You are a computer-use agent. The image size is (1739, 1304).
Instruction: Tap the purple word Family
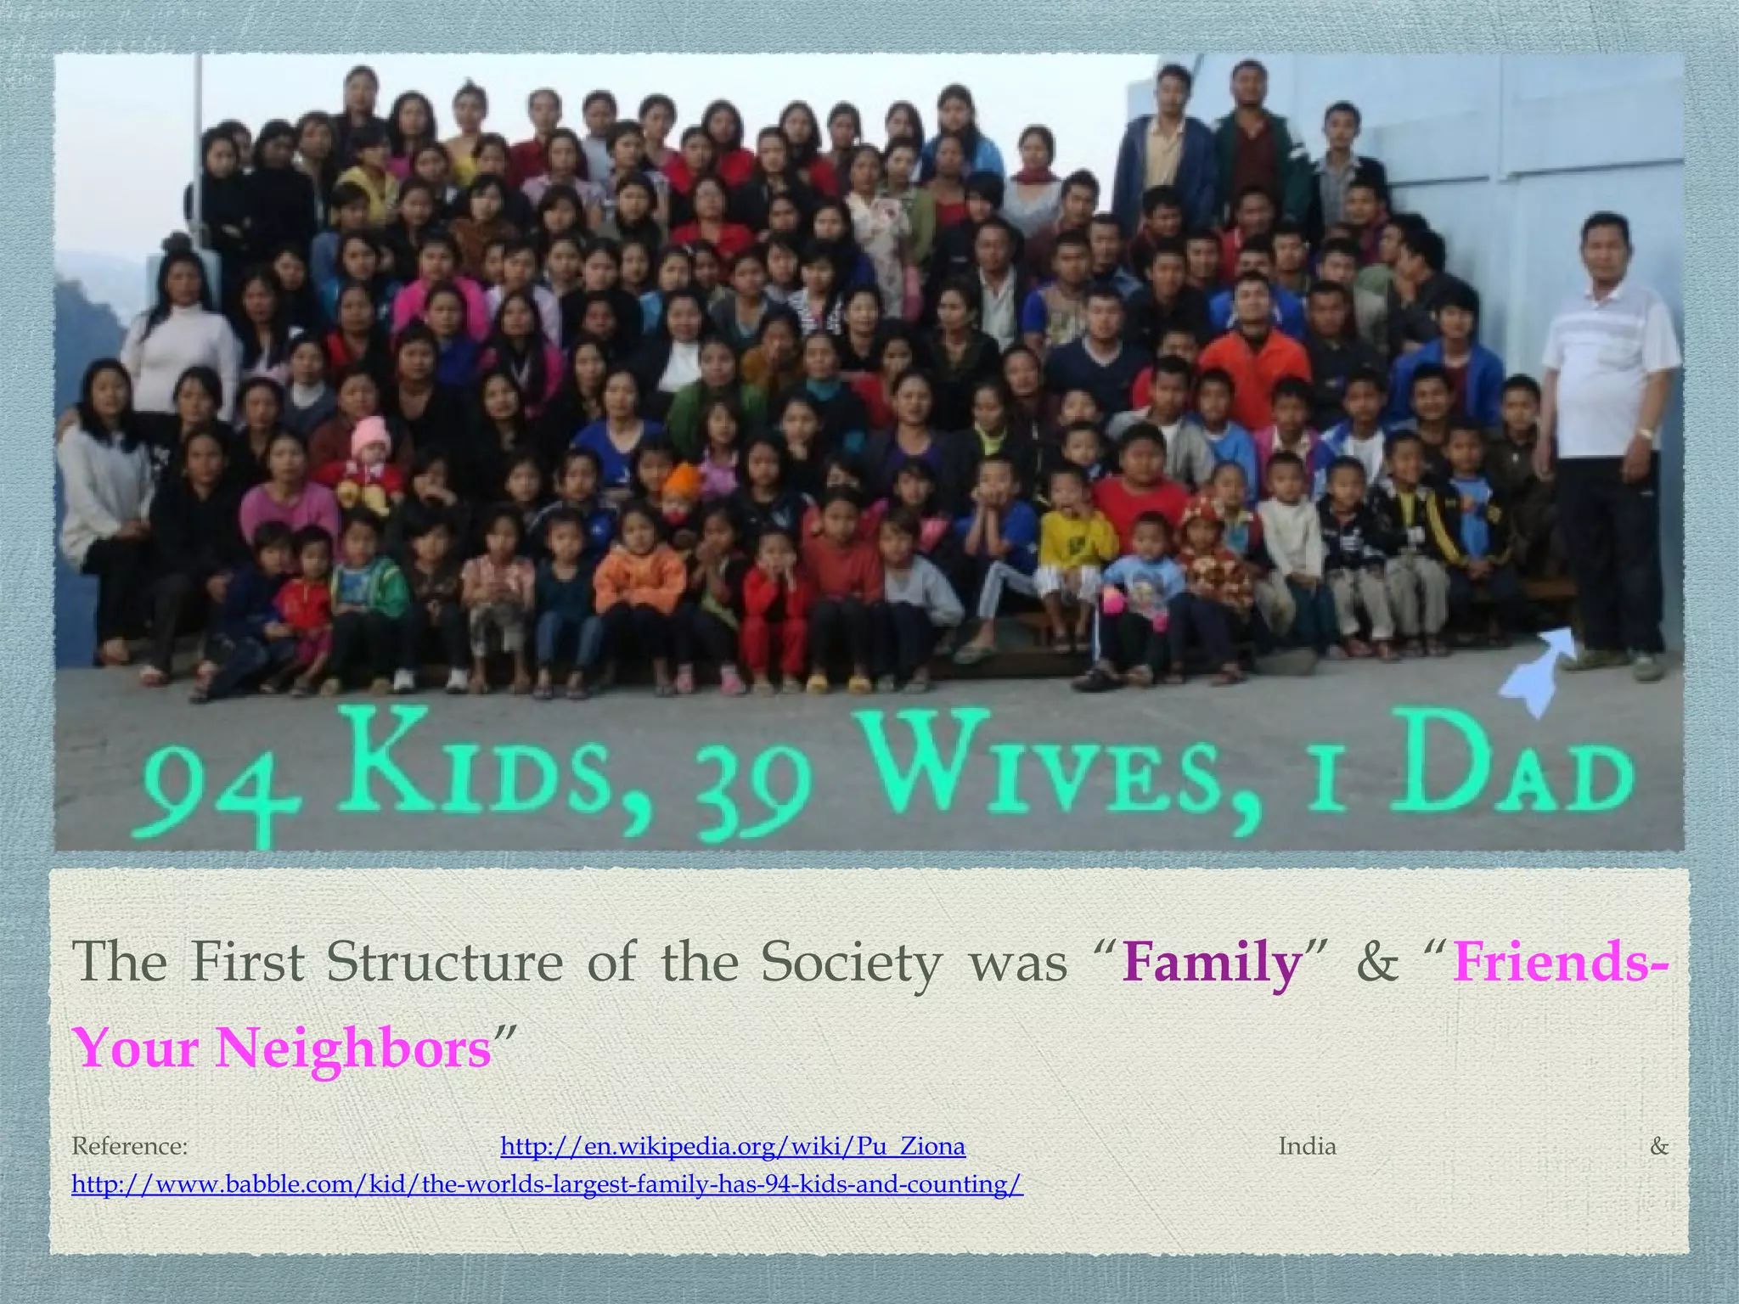click(x=1212, y=964)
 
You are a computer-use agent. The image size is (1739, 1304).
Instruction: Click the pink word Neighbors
click(x=352, y=1048)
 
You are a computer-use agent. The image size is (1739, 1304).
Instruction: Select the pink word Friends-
click(x=1558, y=964)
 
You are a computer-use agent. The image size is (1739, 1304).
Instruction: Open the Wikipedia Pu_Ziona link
click(x=732, y=1147)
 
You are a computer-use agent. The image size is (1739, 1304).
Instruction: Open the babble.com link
click(x=547, y=1184)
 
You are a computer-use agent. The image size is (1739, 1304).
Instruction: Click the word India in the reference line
click(x=1307, y=1147)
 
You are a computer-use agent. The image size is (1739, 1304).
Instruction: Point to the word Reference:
click(x=129, y=1147)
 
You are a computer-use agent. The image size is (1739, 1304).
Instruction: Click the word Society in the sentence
click(x=851, y=964)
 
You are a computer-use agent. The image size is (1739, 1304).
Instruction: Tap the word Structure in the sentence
click(x=444, y=964)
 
